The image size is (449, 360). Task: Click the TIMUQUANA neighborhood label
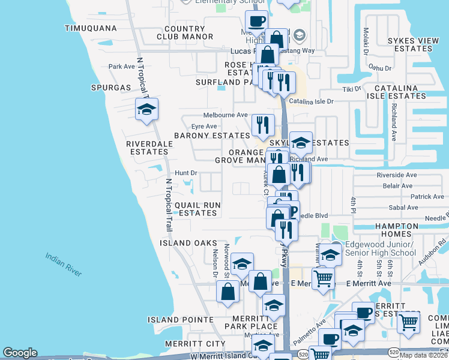click(x=91, y=28)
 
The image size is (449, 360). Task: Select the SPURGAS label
click(x=110, y=88)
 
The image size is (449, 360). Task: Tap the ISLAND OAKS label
click(x=188, y=243)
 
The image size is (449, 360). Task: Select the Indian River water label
click(x=64, y=265)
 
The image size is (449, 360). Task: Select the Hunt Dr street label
click(x=185, y=173)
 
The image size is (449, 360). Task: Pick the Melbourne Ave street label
click(x=225, y=115)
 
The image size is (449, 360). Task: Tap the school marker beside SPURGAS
click(x=146, y=109)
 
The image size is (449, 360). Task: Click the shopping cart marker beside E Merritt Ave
click(x=323, y=278)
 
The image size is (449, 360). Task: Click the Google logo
click(x=20, y=353)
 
